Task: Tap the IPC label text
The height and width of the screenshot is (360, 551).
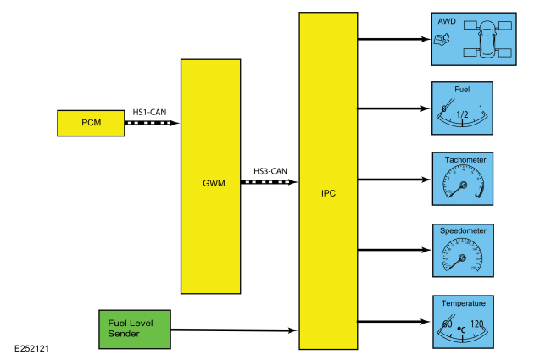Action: point(329,193)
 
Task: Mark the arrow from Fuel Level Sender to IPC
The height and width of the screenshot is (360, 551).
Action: point(235,330)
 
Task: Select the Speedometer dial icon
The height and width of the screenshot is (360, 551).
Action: point(463,256)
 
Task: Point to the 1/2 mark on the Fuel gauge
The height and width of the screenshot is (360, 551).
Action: point(462,114)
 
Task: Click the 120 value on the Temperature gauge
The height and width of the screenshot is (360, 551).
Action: point(476,324)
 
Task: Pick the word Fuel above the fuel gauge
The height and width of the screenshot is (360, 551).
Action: point(462,88)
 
